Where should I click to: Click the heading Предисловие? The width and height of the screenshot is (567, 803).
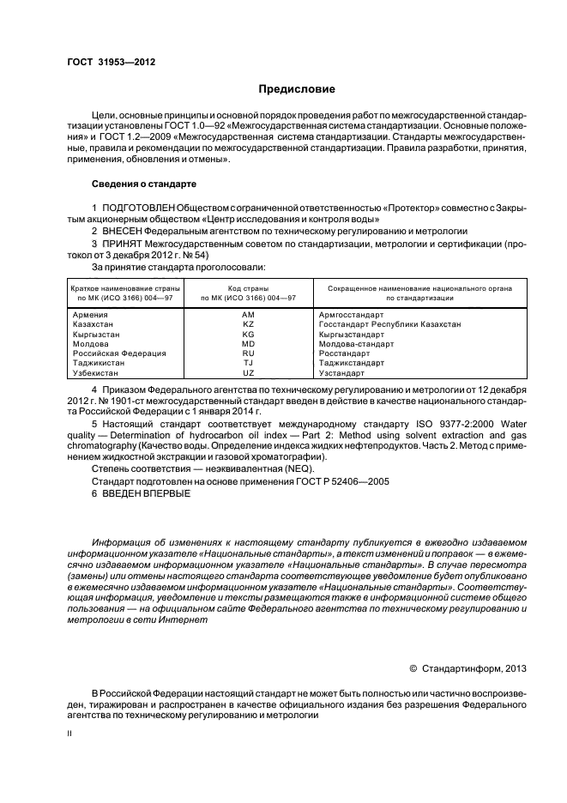(298, 89)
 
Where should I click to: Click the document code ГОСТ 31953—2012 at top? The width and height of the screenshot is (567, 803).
(111, 62)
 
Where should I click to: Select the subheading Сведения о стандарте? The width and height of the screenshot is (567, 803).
(144, 184)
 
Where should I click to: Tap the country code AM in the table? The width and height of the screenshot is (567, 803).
(249, 315)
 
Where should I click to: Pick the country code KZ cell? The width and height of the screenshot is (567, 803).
(249, 324)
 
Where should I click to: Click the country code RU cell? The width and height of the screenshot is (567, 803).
(249, 353)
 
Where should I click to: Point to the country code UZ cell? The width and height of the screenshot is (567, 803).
(249, 372)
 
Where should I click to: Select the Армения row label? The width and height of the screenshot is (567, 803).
(92, 315)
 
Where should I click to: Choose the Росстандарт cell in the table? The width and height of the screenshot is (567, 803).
(344, 353)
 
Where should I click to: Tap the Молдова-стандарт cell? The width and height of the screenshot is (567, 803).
(356, 343)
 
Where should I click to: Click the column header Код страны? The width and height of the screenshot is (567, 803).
(248, 288)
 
